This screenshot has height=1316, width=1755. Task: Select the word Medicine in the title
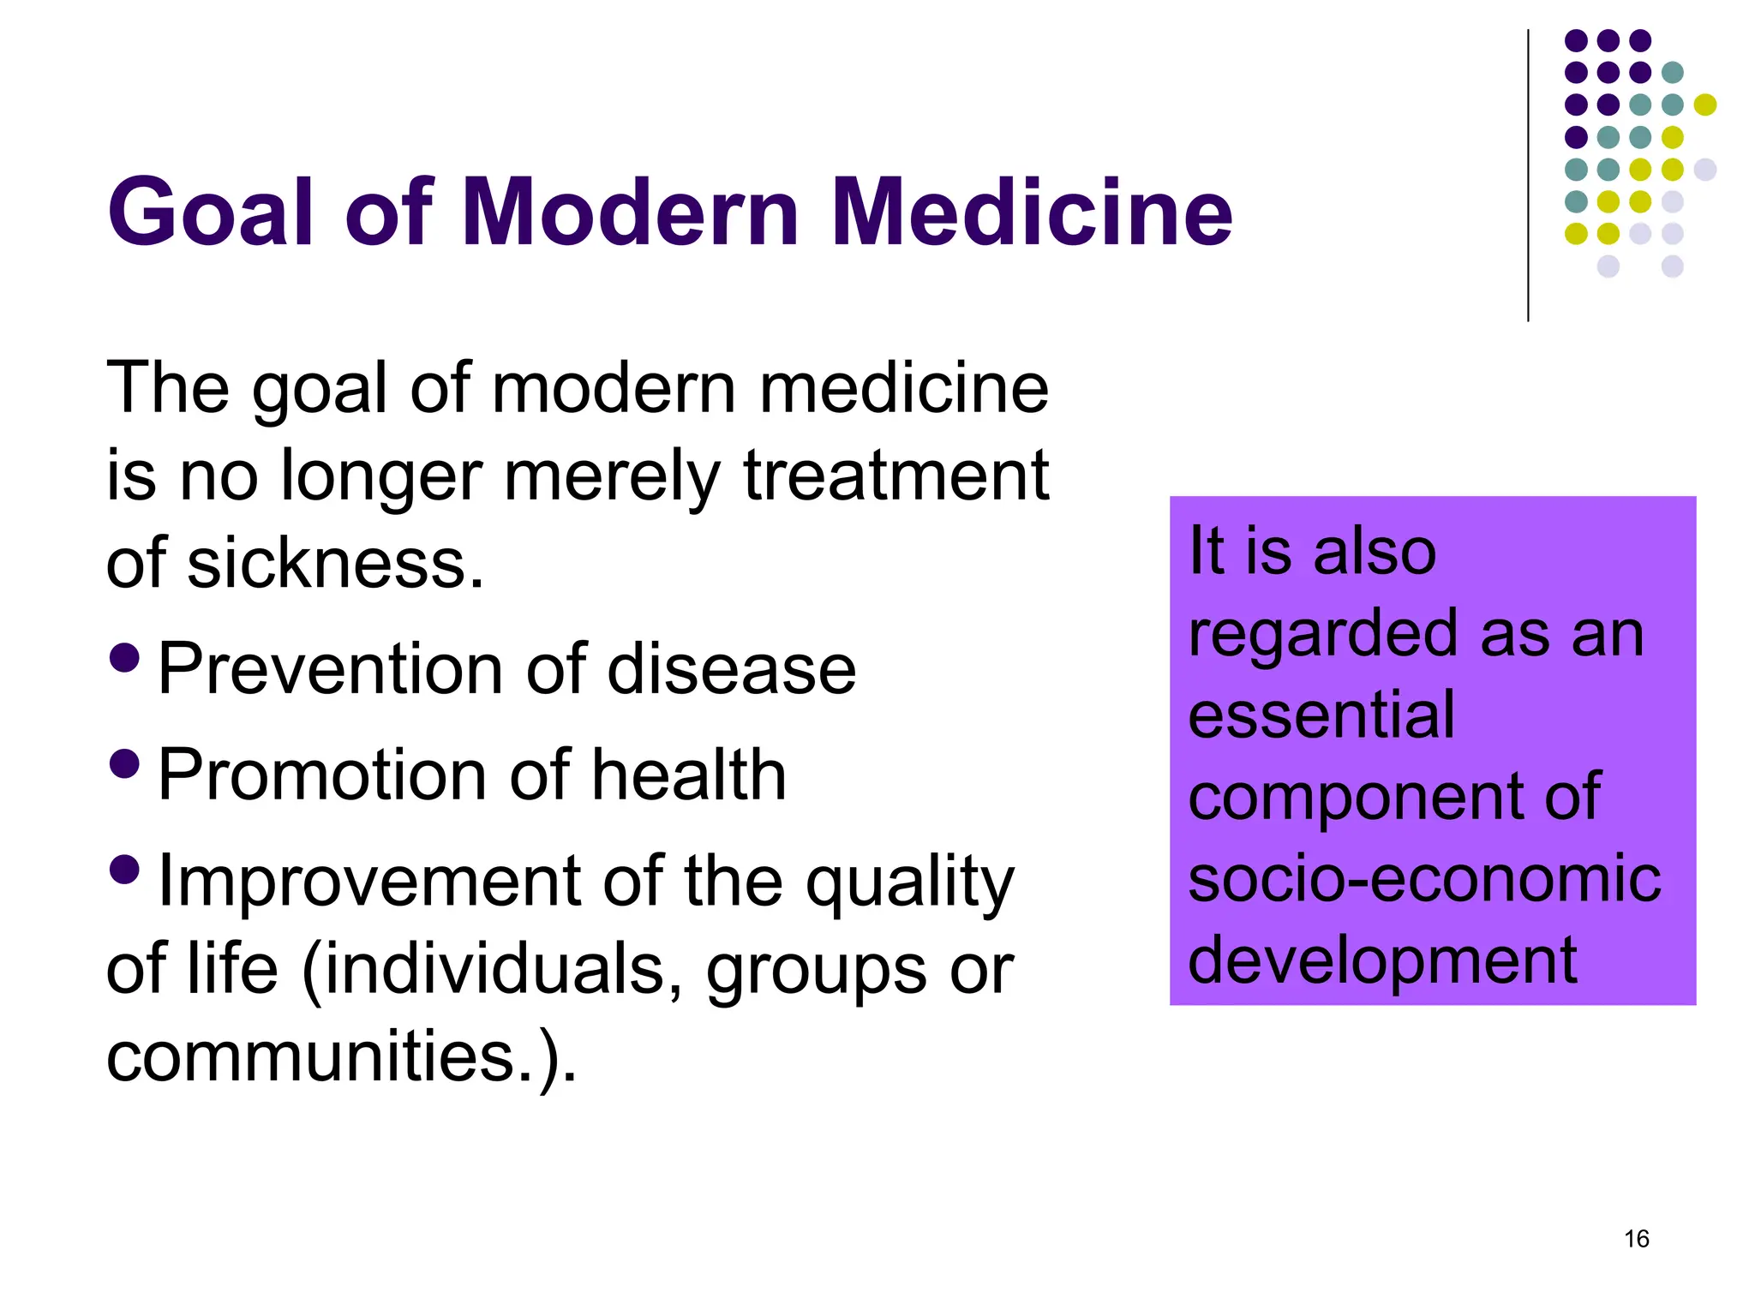[1031, 212]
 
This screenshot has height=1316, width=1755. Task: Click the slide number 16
[1636, 1239]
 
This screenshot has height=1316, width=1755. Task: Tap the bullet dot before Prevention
[125, 657]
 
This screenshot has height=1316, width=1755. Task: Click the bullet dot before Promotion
[125, 763]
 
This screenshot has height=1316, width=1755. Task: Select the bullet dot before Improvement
[125, 870]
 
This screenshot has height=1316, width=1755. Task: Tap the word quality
[909, 882]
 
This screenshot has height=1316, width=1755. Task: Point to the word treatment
[895, 476]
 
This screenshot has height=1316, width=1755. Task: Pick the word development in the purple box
[1382, 960]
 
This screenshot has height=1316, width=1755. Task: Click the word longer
[381, 477]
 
